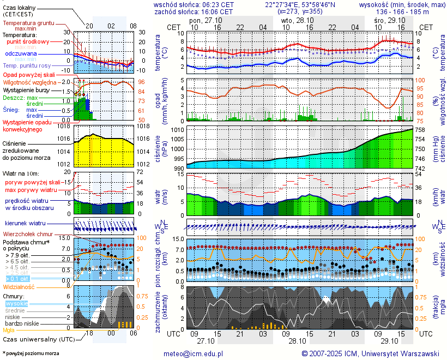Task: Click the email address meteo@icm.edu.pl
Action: (x=193, y=353)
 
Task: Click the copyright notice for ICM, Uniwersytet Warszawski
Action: (x=370, y=353)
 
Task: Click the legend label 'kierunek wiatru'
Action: (x=25, y=224)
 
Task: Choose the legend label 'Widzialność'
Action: (x=19, y=286)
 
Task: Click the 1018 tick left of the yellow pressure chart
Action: (x=65, y=126)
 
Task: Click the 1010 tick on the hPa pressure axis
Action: (x=178, y=130)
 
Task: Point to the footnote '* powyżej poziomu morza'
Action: (x=30, y=353)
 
